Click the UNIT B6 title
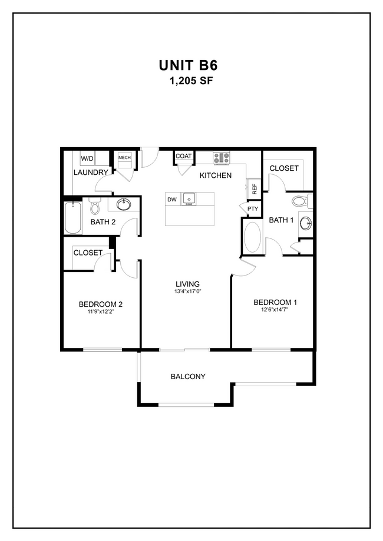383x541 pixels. [191, 64]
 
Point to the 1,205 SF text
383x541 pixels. [191, 81]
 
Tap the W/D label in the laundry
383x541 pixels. [87, 158]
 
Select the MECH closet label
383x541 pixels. [124, 158]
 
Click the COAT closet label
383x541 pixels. [184, 156]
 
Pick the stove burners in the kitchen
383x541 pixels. [221, 158]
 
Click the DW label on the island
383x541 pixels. [172, 200]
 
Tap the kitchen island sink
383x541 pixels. [189, 199]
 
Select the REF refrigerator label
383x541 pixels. [255, 190]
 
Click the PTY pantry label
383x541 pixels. [252, 209]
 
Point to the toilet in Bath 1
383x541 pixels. [301, 202]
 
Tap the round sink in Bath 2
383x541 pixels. [124, 205]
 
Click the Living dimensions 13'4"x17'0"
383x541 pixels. [186, 292]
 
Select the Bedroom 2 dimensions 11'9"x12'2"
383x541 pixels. [100, 312]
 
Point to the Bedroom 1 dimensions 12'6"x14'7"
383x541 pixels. [275, 310]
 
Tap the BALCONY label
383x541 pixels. [188, 376]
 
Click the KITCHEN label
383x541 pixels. [215, 175]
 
